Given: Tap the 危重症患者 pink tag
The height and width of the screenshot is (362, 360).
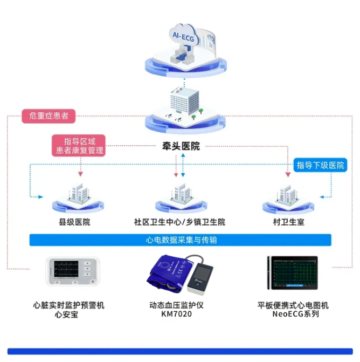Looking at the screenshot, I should tap(49, 115).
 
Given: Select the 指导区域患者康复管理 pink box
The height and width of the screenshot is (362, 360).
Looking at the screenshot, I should tap(80, 145).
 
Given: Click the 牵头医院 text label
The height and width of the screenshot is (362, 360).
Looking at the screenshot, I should tap(181, 146).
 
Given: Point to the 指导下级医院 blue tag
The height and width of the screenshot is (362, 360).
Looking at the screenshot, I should tap(320, 165).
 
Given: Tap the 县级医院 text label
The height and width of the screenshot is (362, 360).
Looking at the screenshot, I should tap(74, 222).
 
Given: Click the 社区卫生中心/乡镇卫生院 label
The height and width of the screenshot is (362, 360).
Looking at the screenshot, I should tap(179, 222).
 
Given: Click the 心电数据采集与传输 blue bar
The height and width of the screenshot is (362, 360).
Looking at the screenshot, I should tap(180, 240).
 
